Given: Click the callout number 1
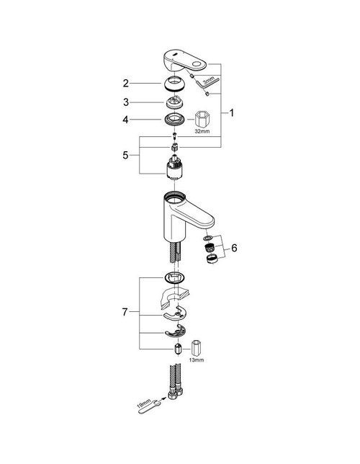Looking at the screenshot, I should click(x=231, y=113).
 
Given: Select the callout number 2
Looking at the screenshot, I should click(x=125, y=83).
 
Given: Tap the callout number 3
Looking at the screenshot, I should click(x=125, y=102).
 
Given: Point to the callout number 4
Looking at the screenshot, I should click(x=125, y=120).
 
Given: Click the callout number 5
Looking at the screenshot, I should click(x=125, y=155).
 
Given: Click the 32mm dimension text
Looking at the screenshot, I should click(x=203, y=133).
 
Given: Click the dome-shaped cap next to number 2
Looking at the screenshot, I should click(x=174, y=82).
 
